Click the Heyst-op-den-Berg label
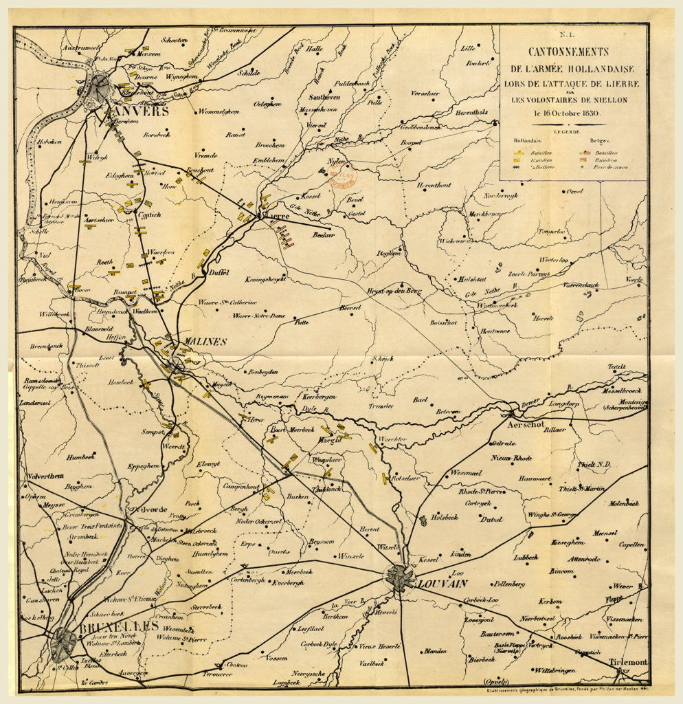click(393, 291)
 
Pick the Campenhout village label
click(239, 486)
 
